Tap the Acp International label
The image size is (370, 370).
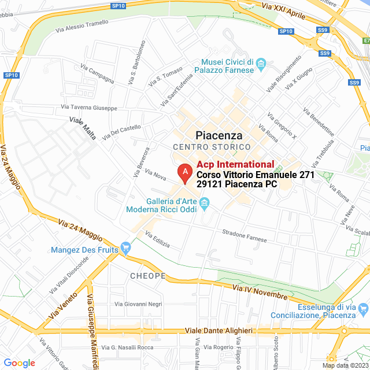pyautogui.click(x=235, y=165)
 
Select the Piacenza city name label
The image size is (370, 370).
pyautogui.click(x=219, y=135)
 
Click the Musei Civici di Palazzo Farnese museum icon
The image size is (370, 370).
pyautogui.click(x=261, y=62)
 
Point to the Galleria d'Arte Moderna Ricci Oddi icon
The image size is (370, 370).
pyautogui.click(x=203, y=202)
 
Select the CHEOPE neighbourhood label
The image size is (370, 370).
pyautogui.click(x=148, y=276)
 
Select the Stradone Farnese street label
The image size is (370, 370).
pyautogui.click(x=245, y=235)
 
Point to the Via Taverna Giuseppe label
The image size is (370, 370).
pyautogui.click(x=89, y=108)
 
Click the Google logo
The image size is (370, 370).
pyautogui.click(x=19, y=363)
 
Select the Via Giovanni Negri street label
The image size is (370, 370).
pyautogui.click(x=139, y=304)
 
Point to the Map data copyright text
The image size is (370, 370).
pyautogui.click(x=345, y=365)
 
